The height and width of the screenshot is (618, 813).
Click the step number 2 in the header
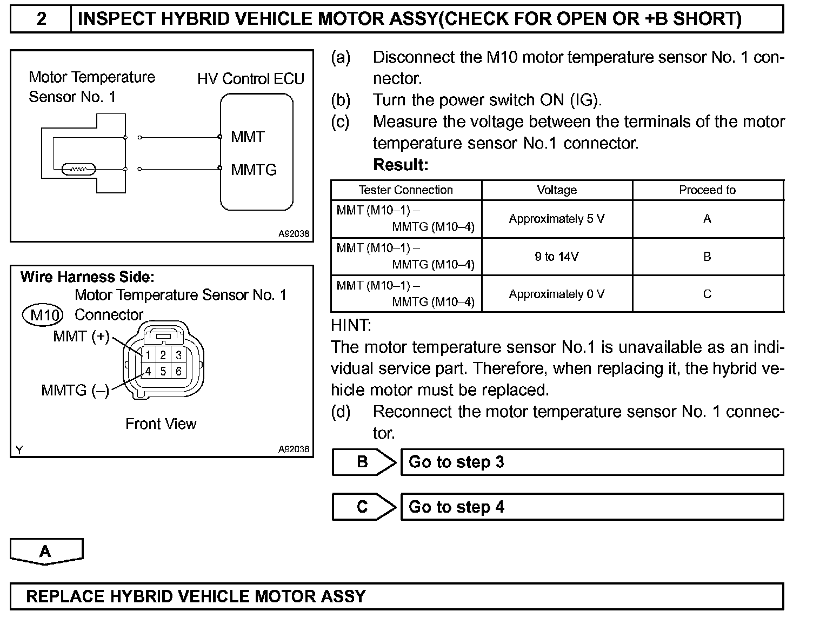41,19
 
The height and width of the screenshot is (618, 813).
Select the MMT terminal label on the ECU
248,137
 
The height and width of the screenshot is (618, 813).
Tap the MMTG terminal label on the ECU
254,170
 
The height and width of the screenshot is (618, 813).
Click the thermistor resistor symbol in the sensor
79,170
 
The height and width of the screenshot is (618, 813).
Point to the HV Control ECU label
251,79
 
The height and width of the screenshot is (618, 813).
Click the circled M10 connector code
43,314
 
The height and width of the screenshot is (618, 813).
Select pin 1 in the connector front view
147,355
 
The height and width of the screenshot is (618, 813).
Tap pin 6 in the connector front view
179,372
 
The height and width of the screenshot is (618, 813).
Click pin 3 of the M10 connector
179,355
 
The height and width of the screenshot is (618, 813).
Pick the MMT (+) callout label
81,337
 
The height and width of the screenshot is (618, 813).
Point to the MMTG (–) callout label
75,390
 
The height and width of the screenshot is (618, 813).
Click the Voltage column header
557,190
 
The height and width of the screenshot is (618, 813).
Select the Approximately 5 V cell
557,219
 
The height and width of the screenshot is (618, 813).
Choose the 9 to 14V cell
557,257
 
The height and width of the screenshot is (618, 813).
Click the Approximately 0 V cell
557,294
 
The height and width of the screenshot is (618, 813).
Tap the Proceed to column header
707,190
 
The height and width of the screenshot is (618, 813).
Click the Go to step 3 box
592,462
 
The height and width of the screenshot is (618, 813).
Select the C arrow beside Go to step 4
363,507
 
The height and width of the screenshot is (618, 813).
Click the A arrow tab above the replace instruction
46,551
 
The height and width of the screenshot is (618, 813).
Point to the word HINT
351,326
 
